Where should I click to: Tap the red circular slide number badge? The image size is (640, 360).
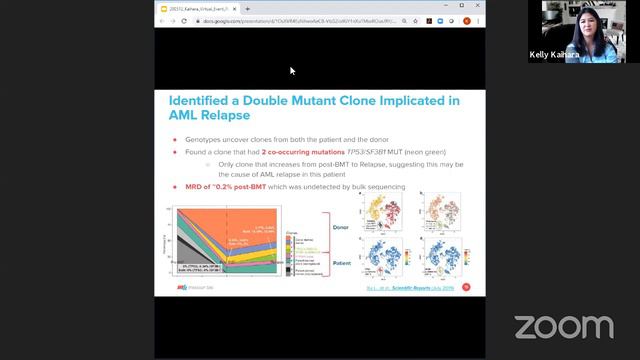coord(466,287)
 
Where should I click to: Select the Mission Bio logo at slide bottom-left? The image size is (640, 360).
coord(192,288)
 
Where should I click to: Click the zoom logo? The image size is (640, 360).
coord(563,326)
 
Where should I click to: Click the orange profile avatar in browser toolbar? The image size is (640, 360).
coord(467,20)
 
